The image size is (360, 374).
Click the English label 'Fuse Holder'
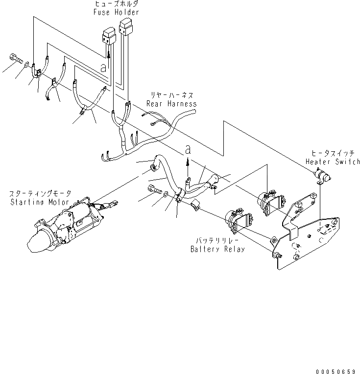click(x=116, y=12)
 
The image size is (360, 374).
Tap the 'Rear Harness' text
click(x=171, y=104)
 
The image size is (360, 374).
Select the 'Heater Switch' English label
click(x=333, y=162)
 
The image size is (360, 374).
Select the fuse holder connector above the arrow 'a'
click(x=108, y=37)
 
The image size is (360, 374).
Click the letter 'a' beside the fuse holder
click(x=103, y=68)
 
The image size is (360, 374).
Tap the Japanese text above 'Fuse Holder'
click(x=116, y=3)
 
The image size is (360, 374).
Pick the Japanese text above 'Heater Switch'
click(x=333, y=154)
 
